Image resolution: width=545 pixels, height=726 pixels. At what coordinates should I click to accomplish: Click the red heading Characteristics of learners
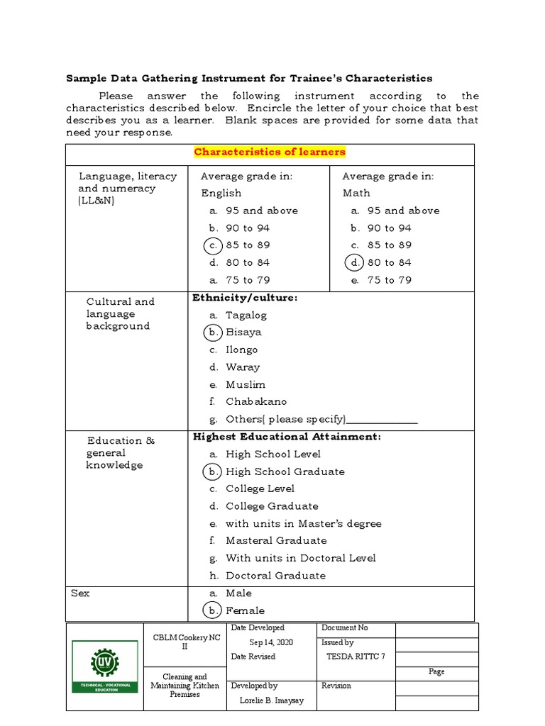(270, 152)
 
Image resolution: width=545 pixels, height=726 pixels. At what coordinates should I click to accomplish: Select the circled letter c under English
(212, 245)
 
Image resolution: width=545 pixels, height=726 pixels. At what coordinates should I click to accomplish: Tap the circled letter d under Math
(354, 262)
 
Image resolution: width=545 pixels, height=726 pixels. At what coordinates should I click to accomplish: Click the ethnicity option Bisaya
(243, 332)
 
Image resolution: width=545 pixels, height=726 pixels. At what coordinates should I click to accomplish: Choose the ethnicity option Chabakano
(256, 402)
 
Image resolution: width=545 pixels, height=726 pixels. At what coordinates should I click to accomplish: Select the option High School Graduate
(285, 471)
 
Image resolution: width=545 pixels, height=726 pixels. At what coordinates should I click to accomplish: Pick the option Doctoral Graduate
(275, 576)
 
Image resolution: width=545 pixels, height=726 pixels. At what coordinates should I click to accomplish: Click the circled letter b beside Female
(212, 610)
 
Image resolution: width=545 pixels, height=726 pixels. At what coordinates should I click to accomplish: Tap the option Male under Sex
(238, 593)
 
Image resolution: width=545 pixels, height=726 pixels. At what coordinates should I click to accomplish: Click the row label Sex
(80, 593)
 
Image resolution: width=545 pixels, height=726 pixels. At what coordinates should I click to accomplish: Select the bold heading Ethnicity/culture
(245, 298)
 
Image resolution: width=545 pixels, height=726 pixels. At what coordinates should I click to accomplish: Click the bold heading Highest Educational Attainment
(287, 437)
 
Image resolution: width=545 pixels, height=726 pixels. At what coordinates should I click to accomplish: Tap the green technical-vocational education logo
(104, 667)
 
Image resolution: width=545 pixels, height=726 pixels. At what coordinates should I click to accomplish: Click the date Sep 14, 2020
(270, 642)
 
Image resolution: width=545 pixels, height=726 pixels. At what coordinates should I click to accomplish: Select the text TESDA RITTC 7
(356, 657)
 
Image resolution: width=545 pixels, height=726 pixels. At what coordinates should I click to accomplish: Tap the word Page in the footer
(436, 671)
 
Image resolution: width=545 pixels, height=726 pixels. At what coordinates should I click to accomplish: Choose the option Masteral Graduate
(276, 541)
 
